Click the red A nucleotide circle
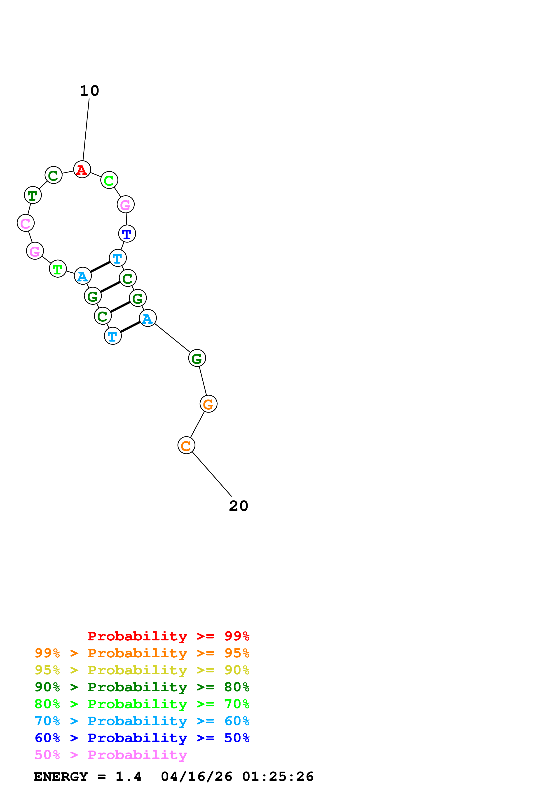(x=82, y=170)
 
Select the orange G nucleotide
(x=209, y=404)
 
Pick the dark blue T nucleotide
(x=127, y=234)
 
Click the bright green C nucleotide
(x=109, y=180)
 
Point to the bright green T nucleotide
(x=58, y=269)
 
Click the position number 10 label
(x=89, y=91)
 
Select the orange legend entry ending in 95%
(x=142, y=653)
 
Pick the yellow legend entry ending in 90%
(x=142, y=670)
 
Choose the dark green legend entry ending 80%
(x=142, y=687)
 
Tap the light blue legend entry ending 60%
(x=142, y=721)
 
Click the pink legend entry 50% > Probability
(x=111, y=755)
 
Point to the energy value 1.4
(x=128, y=776)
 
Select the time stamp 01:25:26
(x=278, y=776)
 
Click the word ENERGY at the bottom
(x=61, y=776)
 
